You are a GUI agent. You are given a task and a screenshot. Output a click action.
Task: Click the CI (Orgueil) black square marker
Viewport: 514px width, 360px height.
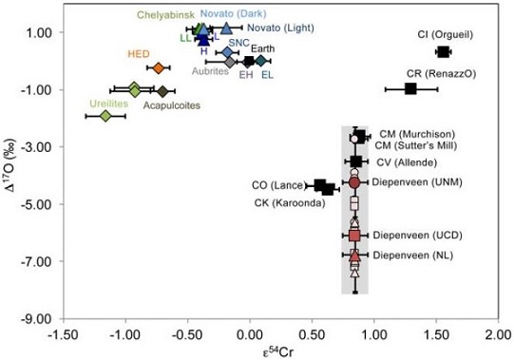(x=443, y=51)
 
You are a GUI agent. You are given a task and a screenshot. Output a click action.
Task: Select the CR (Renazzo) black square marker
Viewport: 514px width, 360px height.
(x=411, y=88)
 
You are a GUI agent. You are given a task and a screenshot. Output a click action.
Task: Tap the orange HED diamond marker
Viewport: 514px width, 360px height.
(x=159, y=67)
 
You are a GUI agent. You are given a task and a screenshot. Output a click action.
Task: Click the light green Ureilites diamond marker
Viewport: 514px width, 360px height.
(x=105, y=116)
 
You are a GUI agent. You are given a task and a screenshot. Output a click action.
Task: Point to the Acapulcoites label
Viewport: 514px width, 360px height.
(x=172, y=105)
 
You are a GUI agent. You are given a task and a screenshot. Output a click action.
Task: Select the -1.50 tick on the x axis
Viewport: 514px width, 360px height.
(x=62, y=332)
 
